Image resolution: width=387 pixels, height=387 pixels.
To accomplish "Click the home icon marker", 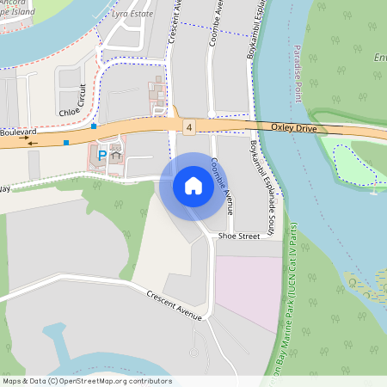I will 193,186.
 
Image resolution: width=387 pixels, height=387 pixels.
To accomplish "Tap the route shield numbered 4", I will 189,126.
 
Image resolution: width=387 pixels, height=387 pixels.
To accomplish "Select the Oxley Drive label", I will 294,127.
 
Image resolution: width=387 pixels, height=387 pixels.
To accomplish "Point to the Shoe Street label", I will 238,235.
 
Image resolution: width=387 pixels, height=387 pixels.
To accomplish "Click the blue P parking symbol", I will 101,155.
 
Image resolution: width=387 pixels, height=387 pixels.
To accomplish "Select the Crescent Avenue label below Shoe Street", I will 174,304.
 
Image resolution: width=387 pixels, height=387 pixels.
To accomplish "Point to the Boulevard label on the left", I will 15,132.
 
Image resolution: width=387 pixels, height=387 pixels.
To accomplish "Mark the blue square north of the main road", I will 94,126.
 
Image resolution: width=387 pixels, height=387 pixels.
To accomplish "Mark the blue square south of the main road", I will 66,143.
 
